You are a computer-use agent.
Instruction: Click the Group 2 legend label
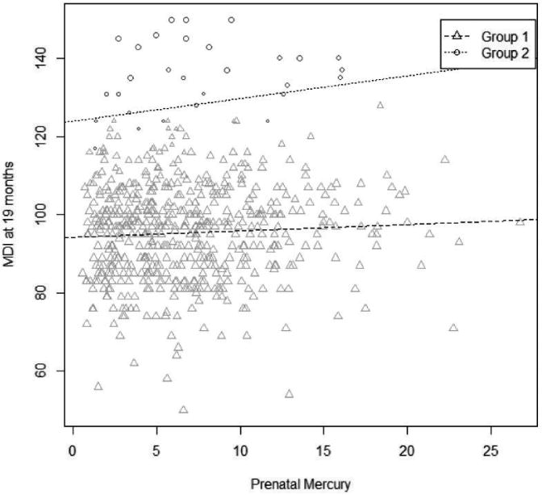[506, 53]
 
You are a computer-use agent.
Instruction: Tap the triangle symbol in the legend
[457, 36]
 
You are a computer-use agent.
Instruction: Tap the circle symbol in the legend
[457, 53]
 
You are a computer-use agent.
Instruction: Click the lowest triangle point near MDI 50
[183, 409]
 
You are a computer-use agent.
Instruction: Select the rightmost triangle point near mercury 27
[520, 220]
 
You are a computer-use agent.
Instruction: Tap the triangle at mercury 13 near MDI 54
[289, 393]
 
